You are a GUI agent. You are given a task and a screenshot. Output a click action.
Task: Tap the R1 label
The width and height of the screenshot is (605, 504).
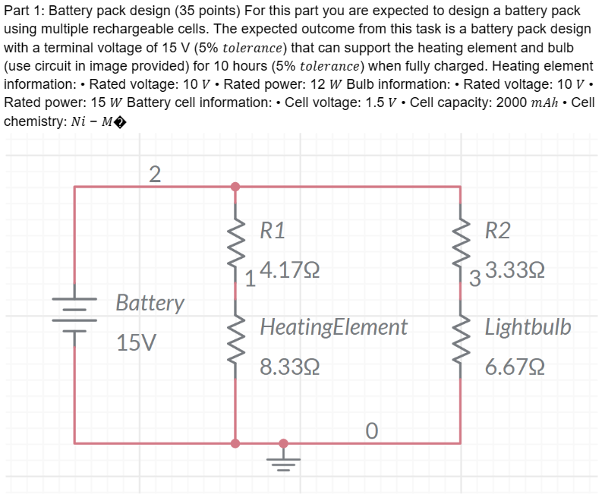pos(273,231)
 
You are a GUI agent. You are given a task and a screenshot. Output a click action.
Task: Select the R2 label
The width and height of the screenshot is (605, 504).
pos(498,231)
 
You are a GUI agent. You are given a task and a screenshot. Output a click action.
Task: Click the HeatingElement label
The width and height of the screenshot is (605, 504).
pos(333,327)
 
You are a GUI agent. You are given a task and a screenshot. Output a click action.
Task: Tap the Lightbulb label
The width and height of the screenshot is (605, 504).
pos(528,327)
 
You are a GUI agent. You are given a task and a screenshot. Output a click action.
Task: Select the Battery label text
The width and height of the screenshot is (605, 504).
pos(150,303)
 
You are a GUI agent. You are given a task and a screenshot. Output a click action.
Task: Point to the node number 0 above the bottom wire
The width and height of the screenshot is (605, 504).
pos(370,430)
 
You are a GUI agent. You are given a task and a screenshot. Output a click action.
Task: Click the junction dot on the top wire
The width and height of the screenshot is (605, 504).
pos(235,186)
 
